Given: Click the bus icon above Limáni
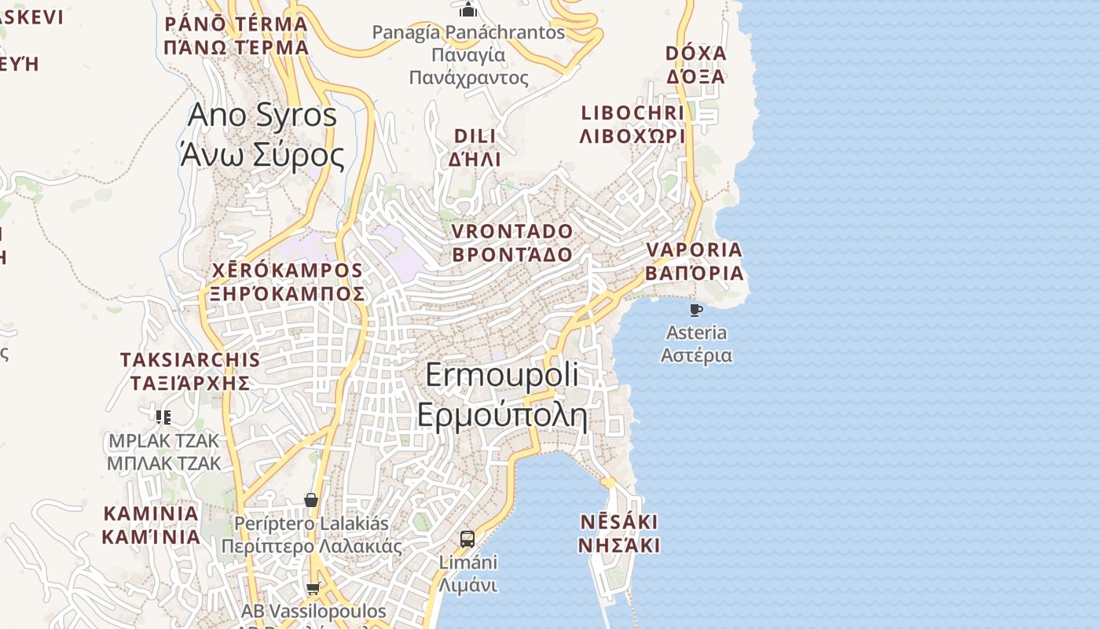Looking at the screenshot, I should click(467, 539).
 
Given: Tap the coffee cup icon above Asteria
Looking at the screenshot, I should click(695, 310).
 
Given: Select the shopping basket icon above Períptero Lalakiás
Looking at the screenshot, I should click(311, 500).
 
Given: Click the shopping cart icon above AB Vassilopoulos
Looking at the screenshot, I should click(313, 588).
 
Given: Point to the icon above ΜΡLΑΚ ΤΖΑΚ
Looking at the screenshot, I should click(163, 417).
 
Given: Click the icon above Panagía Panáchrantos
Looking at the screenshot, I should click(468, 9).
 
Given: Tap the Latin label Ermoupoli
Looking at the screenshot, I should click(502, 374).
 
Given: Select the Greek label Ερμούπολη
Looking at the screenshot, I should click(502, 414).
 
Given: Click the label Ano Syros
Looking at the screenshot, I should click(262, 116).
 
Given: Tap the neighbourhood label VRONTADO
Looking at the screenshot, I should click(512, 231).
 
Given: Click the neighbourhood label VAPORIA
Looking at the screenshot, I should click(694, 250).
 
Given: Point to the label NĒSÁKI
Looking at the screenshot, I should click(619, 522).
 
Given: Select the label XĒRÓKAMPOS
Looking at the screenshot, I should click(288, 270).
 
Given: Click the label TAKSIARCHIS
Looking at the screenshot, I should click(189, 360).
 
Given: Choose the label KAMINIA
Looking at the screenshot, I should click(151, 514).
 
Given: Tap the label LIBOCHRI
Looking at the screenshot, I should click(632, 113).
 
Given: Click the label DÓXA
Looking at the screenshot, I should click(695, 53).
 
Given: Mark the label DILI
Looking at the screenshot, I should click(475, 136).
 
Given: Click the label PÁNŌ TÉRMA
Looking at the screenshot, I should click(236, 24).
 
